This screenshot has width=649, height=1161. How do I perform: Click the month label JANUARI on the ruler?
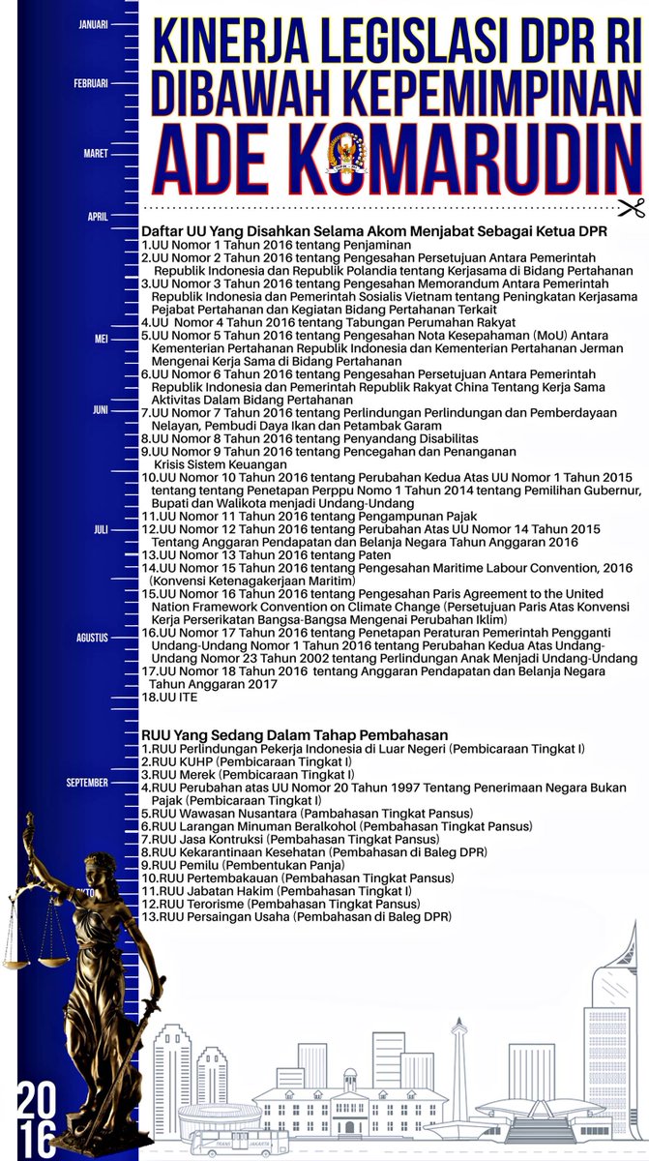(x=93, y=25)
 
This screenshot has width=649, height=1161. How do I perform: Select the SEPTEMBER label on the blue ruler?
(x=88, y=782)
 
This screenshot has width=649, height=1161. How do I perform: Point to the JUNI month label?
(x=101, y=410)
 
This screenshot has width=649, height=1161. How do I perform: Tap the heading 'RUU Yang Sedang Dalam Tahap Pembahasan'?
(x=287, y=734)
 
